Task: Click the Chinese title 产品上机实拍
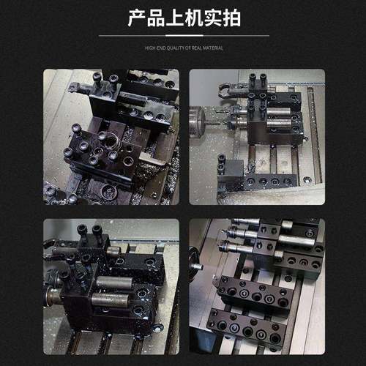coord(183,18)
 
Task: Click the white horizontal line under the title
coord(183,35)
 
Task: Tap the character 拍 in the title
coord(230,18)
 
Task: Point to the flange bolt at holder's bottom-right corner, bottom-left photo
coord(155,327)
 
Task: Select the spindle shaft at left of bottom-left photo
coord(53,296)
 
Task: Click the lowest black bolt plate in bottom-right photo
coord(245,328)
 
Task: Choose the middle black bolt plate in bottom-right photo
coord(253,293)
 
